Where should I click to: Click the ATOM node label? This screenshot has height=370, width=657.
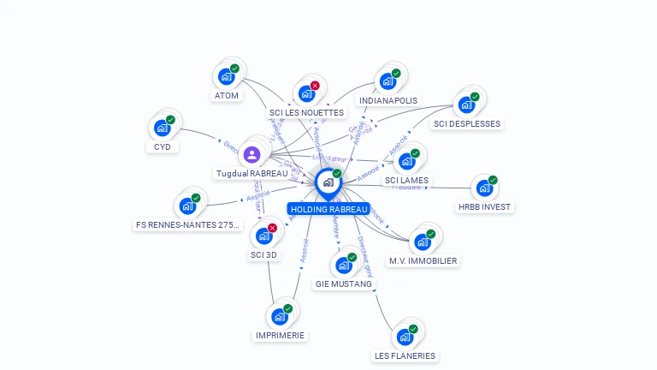pyautogui.click(x=227, y=96)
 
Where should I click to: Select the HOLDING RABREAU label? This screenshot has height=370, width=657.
pyautogui.click(x=329, y=209)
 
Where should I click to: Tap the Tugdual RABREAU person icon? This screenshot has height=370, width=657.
pyautogui.click(x=252, y=155)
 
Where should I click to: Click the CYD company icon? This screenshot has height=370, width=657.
pyautogui.click(x=162, y=128)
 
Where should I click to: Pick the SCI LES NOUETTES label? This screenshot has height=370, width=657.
pyautogui.click(x=306, y=112)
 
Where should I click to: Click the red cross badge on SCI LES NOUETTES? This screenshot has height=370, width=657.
pyautogui.click(x=315, y=86)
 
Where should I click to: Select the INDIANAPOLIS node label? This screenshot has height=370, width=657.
pyautogui.click(x=388, y=100)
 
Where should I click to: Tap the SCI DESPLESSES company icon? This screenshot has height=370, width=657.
pyautogui.click(x=466, y=105)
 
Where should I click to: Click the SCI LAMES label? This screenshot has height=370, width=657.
pyautogui.click(x=406, y=180)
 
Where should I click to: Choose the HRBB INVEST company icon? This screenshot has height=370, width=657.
pyautogui.click(x=484, y=188)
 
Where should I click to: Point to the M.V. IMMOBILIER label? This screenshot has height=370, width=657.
pyautogui.click(x=423, y=260)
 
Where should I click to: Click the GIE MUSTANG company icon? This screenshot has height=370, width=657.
pyautogui.click(x=343, y=266)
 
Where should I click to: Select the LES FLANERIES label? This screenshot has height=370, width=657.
pyautogui.click(x=405, y=355)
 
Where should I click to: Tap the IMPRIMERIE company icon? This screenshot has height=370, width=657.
pyautogui.click(x=279, y=317)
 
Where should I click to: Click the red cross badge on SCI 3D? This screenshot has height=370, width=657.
pyautogui.click(x=272, y=228)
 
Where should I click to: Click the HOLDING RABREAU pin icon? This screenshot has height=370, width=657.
pyautogui.click(x=328, y=182)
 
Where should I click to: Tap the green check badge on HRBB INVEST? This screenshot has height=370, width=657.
pyautogui.click(x=493, y=180)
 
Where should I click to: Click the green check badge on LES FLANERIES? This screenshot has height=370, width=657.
pyautogui.click(x=413, y=329)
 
